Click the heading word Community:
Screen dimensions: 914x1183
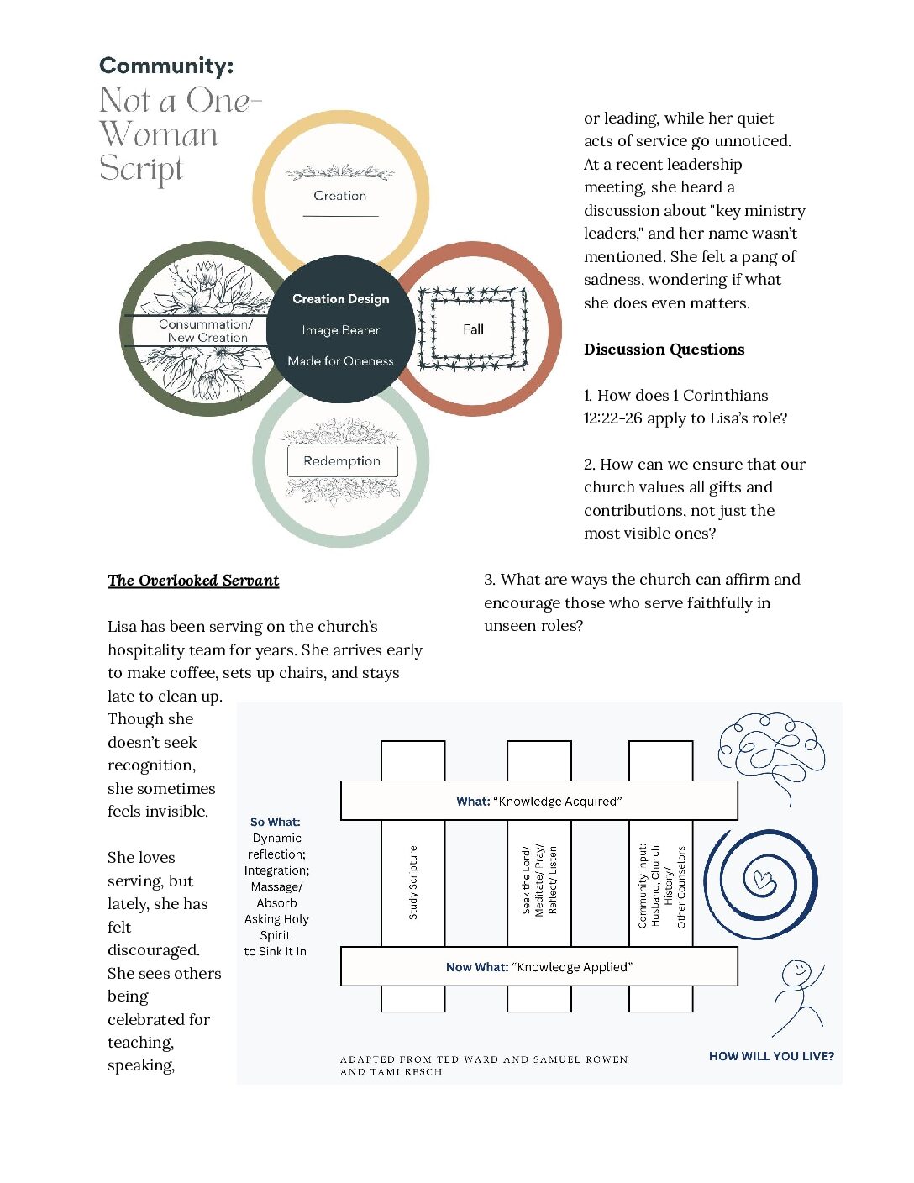[166, 66]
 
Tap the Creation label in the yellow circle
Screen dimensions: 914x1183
[339, 196]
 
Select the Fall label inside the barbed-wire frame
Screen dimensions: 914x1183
[473, 329]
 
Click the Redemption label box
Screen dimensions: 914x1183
[343, 461]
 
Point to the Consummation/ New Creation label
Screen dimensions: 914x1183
[206, 330]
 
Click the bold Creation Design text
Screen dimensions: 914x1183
[341, 299]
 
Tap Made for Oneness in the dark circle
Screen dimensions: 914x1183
[341, 361]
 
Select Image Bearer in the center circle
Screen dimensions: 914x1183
[341, 330]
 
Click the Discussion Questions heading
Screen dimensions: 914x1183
[664, 350]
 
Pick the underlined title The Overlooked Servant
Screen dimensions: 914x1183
[193, 581]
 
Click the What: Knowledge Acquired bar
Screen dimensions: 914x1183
[539, 801]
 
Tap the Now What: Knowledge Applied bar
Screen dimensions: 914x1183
[539, 966]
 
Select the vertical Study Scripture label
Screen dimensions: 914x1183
[413, 882]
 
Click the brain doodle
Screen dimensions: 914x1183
[771, 753]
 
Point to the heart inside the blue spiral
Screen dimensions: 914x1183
[760, 879]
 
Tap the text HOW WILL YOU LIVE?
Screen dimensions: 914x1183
[771, 1056]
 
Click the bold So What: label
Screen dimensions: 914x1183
[276, 822]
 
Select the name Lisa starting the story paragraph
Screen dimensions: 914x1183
[122, 627]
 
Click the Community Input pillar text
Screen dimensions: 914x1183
[661, 886]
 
